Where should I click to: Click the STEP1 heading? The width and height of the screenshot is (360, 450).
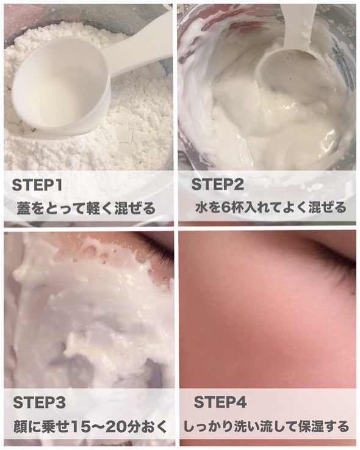coord(37,186)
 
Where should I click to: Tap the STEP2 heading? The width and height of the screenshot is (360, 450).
coord(217,184)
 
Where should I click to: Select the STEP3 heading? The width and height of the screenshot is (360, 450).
coord(39,402)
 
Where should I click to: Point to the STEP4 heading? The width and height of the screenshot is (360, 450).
coord(220,402)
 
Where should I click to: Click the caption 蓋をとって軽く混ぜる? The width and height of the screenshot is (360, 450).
coord(86,208)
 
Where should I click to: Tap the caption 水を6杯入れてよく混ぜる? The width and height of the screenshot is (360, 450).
coord(271,208)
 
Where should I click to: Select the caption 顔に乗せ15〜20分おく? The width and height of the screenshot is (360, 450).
coord(90,426)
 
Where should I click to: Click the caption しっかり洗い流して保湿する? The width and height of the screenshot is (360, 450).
coord(266,426)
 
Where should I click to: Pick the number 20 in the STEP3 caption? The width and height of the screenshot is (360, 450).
coord(115,427)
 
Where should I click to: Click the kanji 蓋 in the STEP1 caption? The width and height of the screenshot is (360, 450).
coord(24,208)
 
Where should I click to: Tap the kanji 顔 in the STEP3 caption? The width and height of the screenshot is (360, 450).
coord(20,427)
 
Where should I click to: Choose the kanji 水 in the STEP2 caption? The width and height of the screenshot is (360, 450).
coord(201,208)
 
